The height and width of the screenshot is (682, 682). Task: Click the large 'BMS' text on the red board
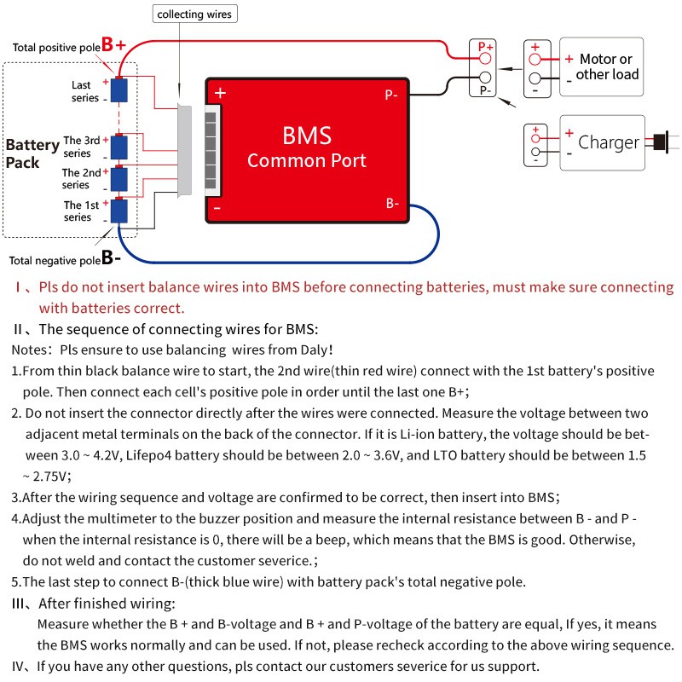pyautogui.click(x=306, y=136)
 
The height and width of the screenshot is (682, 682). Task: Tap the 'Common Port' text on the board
pyautogui.click(x=306, y=160)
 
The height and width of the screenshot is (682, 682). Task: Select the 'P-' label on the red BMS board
pyautogui.click(x=391, y=95)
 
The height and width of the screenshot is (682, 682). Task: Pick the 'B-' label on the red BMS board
pyautogui.click(x=391, y=204)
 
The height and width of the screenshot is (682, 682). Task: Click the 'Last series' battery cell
pyautogui.click(x=119, y=90)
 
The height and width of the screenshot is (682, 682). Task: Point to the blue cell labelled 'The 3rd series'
pyautogui.click(x=119, y=146)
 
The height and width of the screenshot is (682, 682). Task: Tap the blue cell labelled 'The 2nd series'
pyautogui.click(x=119, y=178)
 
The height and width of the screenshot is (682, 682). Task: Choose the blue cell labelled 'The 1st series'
pyautogui.click(x=119, y=211)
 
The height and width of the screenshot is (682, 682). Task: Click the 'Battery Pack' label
pyautogui.click(x=32, y=153)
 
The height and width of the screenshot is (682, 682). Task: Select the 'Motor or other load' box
pyautogui.click(x=601, y=66)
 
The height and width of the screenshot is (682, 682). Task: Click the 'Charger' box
pyautogui.click(x=601, y=142)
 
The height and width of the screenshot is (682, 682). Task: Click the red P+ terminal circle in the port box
pyautogui.click(x=485, y=58)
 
